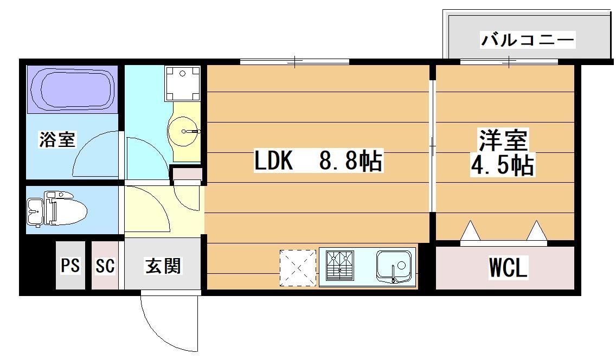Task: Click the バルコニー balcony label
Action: (x=528, y=41)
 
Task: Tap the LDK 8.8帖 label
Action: (x=318, y=161)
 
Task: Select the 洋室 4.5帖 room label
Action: (x=502, y=152)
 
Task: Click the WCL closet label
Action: (x=508, y=268)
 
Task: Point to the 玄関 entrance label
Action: (x=163, y=266)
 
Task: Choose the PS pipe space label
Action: (x=70, y=266)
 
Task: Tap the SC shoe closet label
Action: (x=105, y=266)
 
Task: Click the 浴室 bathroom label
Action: (x=57, y=140)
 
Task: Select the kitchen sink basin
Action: (x=394, y=266)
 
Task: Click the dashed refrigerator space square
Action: (x=297, y=267)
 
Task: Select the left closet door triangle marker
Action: (x=470, y=231)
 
